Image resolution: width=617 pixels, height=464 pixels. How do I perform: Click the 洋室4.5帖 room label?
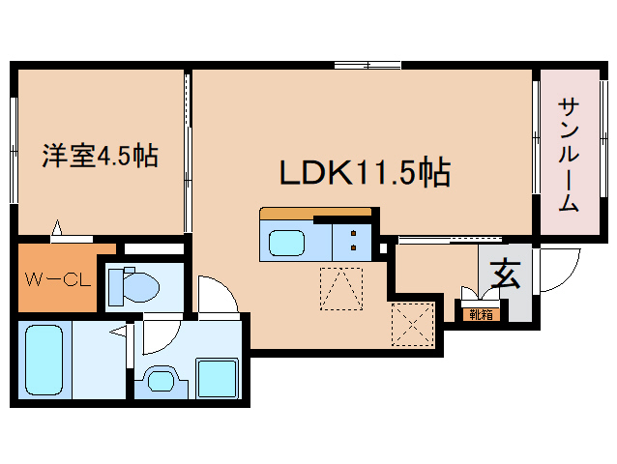(101, 156)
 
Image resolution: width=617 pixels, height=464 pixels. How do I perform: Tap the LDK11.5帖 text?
(365, 172)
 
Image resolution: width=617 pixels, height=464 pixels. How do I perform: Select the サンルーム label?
(569, 155)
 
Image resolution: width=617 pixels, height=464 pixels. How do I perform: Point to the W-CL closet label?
(58, 279)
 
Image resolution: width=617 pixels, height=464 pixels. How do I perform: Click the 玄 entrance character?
(505, 275)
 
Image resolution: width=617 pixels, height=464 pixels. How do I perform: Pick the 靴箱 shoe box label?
(481, 314)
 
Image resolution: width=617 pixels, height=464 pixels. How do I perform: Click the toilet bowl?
(139, 287)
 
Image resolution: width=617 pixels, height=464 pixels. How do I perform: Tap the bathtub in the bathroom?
(44, 361)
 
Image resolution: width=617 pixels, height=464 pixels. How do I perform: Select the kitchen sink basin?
(286, 243)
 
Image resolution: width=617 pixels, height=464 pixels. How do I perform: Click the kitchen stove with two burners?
(352, 241)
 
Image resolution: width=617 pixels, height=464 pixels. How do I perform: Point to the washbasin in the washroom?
(161, 380)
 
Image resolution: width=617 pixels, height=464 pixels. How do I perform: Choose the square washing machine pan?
(218, 378)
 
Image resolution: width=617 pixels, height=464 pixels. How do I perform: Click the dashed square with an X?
(413, 325)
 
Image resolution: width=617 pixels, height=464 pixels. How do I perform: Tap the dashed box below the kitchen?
(341, 289)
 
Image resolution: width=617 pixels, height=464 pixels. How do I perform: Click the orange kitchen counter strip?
(315, 212)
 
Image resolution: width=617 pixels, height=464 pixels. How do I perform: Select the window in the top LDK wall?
(367, 65)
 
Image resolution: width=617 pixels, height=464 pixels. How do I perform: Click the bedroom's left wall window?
(14, 150)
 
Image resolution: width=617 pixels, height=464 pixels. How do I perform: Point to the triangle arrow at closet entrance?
(57, 227)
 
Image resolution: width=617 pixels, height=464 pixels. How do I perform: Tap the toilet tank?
(116, 287)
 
